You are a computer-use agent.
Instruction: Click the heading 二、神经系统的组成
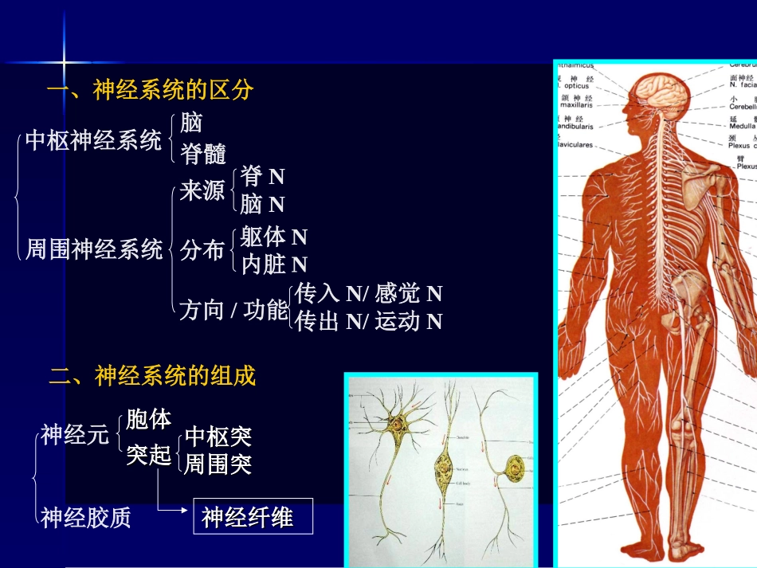(153, 376)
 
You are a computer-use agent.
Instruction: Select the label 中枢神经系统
(93, 142)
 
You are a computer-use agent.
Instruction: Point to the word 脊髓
(203, 154)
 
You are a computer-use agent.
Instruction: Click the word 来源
(202, 191)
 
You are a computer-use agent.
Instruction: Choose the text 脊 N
(262, 176)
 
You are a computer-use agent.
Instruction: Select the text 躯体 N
(273, 237)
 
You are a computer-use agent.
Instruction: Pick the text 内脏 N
(273, 264)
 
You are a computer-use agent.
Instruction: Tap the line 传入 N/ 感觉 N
(368, 294)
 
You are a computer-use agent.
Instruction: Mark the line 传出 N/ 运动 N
(368, 322)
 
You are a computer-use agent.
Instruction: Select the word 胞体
(149, 419)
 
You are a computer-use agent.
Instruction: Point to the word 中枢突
(218, 437)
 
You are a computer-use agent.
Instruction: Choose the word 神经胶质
(86, 518)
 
